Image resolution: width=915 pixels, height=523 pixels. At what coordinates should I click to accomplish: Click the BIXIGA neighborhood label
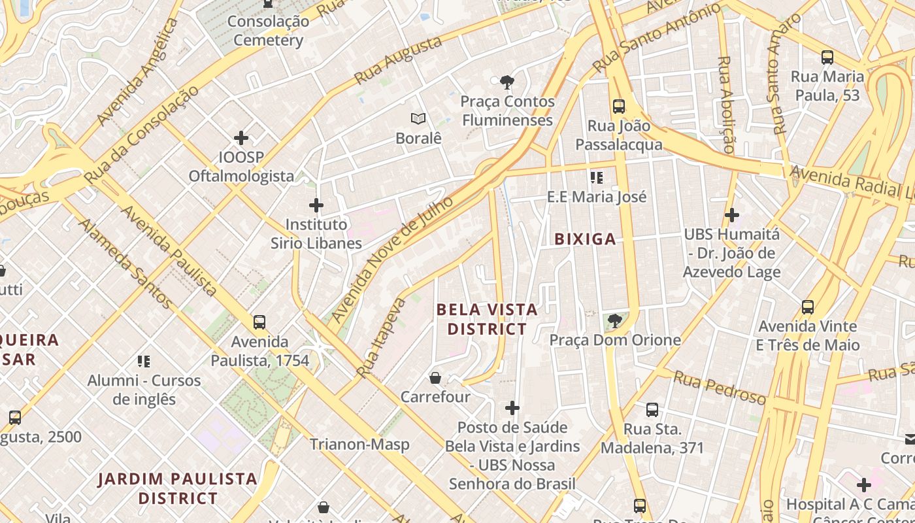tap(585, 239)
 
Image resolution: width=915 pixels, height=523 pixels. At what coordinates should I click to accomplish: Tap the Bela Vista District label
tap(487, 319)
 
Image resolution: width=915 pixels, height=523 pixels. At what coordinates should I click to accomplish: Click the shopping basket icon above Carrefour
tap(435, 378)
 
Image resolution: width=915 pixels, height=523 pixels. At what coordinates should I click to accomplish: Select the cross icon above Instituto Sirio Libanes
tap(316, 205)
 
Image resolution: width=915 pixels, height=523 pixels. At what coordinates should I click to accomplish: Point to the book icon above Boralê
tap(418, 118)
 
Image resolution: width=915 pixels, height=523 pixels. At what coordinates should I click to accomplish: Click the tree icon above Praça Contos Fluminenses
tap(507, 82)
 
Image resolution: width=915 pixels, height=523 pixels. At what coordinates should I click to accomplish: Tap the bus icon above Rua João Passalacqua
tap(618, 106)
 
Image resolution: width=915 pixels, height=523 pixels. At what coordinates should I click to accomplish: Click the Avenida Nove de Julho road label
tap(391, 259)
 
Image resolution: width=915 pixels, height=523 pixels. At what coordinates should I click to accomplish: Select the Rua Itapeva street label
tap(381, 338)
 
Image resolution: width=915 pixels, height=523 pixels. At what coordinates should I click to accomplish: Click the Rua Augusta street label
tap(397, 61)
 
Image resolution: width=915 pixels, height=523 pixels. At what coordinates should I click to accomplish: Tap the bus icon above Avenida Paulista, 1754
tap(259, 322)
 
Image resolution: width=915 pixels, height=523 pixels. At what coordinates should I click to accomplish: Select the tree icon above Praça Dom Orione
tap(614, 320)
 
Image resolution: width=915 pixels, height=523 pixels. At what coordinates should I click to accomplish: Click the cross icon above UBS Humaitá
tap(732, 214)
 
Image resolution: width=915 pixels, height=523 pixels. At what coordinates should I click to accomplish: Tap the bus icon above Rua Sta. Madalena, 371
tap(652, 410)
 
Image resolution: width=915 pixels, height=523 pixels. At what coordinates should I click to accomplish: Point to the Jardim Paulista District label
tap(178, 488)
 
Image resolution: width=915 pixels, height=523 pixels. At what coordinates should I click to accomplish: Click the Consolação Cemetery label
tap(268, 31)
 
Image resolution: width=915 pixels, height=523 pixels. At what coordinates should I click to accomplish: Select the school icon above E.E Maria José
tap(596, 177)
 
